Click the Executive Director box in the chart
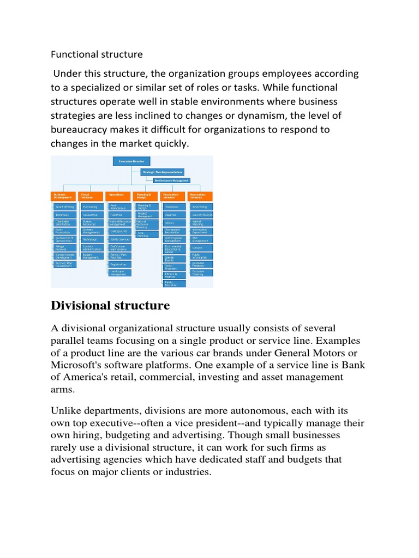pos(131,161)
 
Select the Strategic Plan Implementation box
pos(162,172)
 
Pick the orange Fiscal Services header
pos(91,196)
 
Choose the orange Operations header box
pos(118,196)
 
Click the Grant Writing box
pos(65,207)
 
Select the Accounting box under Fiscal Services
pos(92,215)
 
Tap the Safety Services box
pos(120,239)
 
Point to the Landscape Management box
pos(120,272)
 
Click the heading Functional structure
pos(97,54)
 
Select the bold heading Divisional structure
pos(110,306)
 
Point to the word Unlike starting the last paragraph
pos(68,410)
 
